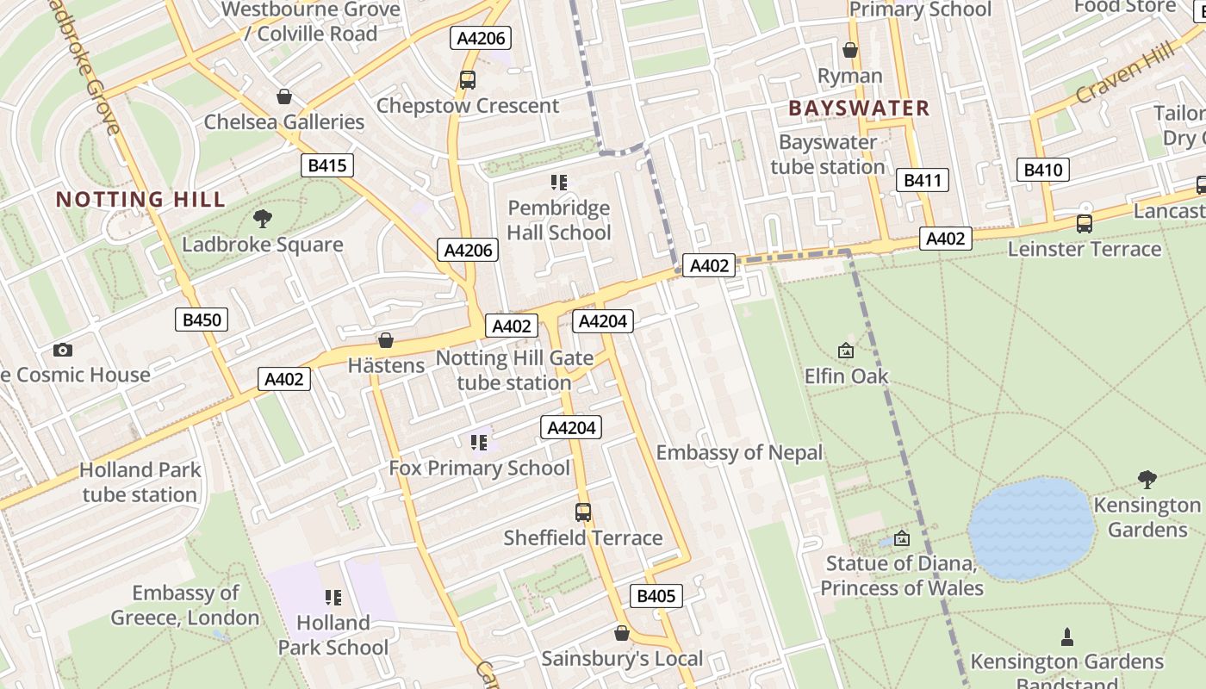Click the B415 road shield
coord(327,165)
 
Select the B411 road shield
coord(923,180)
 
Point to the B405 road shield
coord(656,596)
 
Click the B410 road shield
coord(1042,170)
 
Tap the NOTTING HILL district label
coord(140,200)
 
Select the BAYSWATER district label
coord(859,109)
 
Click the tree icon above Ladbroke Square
coord(263,219)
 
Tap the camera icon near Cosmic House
coord(62,350)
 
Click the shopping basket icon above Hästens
coord(386,340)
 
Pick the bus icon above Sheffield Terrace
coord(583,512)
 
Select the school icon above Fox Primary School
coord(479,443)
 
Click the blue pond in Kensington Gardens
coord(1031,528)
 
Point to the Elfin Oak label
coord(846,376)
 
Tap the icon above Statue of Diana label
coord(902,539)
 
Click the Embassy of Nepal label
coord(739,452)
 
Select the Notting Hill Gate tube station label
coord(514,370)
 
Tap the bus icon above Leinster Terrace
coord(1085,224)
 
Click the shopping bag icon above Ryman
coord(850,50)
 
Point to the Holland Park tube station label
coord(140,482)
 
